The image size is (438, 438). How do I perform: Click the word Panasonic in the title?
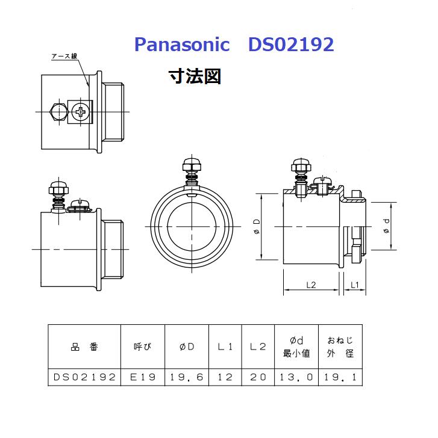[181, 45]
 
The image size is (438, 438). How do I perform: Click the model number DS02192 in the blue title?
[290, 45]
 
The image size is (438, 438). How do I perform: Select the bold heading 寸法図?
[195, 76]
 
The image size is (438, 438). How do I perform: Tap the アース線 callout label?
[64, 57]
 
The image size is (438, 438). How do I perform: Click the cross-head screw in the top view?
[81, 112]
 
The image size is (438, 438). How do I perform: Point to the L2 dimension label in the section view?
[310, 285]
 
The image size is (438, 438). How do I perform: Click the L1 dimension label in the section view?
[355, 285]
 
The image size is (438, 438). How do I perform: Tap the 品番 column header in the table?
[84, 347]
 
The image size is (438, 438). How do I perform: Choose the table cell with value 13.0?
[296, 377]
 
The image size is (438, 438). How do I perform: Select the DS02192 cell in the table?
[84, 377]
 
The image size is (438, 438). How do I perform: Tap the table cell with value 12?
[225, 377]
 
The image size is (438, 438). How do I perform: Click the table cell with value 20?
[257, 377]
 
